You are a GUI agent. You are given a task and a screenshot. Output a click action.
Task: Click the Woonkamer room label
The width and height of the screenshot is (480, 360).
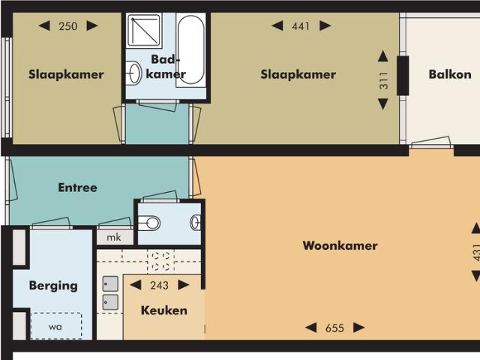click(340, 245)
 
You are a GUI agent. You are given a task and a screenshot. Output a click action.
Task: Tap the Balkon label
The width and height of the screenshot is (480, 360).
click(450, 74)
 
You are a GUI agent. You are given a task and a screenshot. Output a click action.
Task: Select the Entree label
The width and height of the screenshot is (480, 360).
click(78, 187)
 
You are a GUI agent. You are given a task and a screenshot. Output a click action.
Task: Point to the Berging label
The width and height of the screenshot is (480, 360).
click(53, 286)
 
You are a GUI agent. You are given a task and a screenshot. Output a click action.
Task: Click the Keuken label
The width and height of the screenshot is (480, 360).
click(164, 310)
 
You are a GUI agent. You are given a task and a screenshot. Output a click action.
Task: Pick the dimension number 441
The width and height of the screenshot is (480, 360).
click(301, 26)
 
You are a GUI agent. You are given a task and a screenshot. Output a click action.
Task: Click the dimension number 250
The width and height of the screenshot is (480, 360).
click(68, 26)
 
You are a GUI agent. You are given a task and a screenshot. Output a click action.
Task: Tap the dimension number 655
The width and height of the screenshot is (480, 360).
click(335, 328)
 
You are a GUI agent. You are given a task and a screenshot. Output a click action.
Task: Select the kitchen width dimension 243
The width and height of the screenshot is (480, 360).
click(159, 285)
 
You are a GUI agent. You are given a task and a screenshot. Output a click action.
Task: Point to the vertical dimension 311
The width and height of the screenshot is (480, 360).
click(383, 81)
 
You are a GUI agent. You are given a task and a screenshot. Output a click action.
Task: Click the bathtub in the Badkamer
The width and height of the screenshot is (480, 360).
click(190, 50)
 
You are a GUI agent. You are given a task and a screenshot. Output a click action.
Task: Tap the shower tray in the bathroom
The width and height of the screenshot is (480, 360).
click(143, 30)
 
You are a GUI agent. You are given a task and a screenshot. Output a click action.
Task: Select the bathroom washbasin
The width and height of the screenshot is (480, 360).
click(133, 73)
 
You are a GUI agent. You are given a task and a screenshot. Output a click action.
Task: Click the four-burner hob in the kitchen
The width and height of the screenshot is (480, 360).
click(160, 261)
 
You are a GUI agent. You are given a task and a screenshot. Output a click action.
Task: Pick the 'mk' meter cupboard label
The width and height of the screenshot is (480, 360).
click(114, 237)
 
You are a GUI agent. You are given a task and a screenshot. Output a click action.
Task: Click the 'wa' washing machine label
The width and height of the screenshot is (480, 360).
click(55, 327)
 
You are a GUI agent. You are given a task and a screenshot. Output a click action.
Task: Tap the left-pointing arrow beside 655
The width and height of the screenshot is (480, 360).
click(311, 328)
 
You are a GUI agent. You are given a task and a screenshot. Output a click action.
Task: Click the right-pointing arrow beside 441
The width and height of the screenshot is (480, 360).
click(325, 25)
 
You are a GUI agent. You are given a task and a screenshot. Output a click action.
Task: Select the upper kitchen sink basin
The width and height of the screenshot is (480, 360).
click(110, 283)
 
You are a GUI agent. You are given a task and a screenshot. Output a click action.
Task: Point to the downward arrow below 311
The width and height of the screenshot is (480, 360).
click(383, 103)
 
